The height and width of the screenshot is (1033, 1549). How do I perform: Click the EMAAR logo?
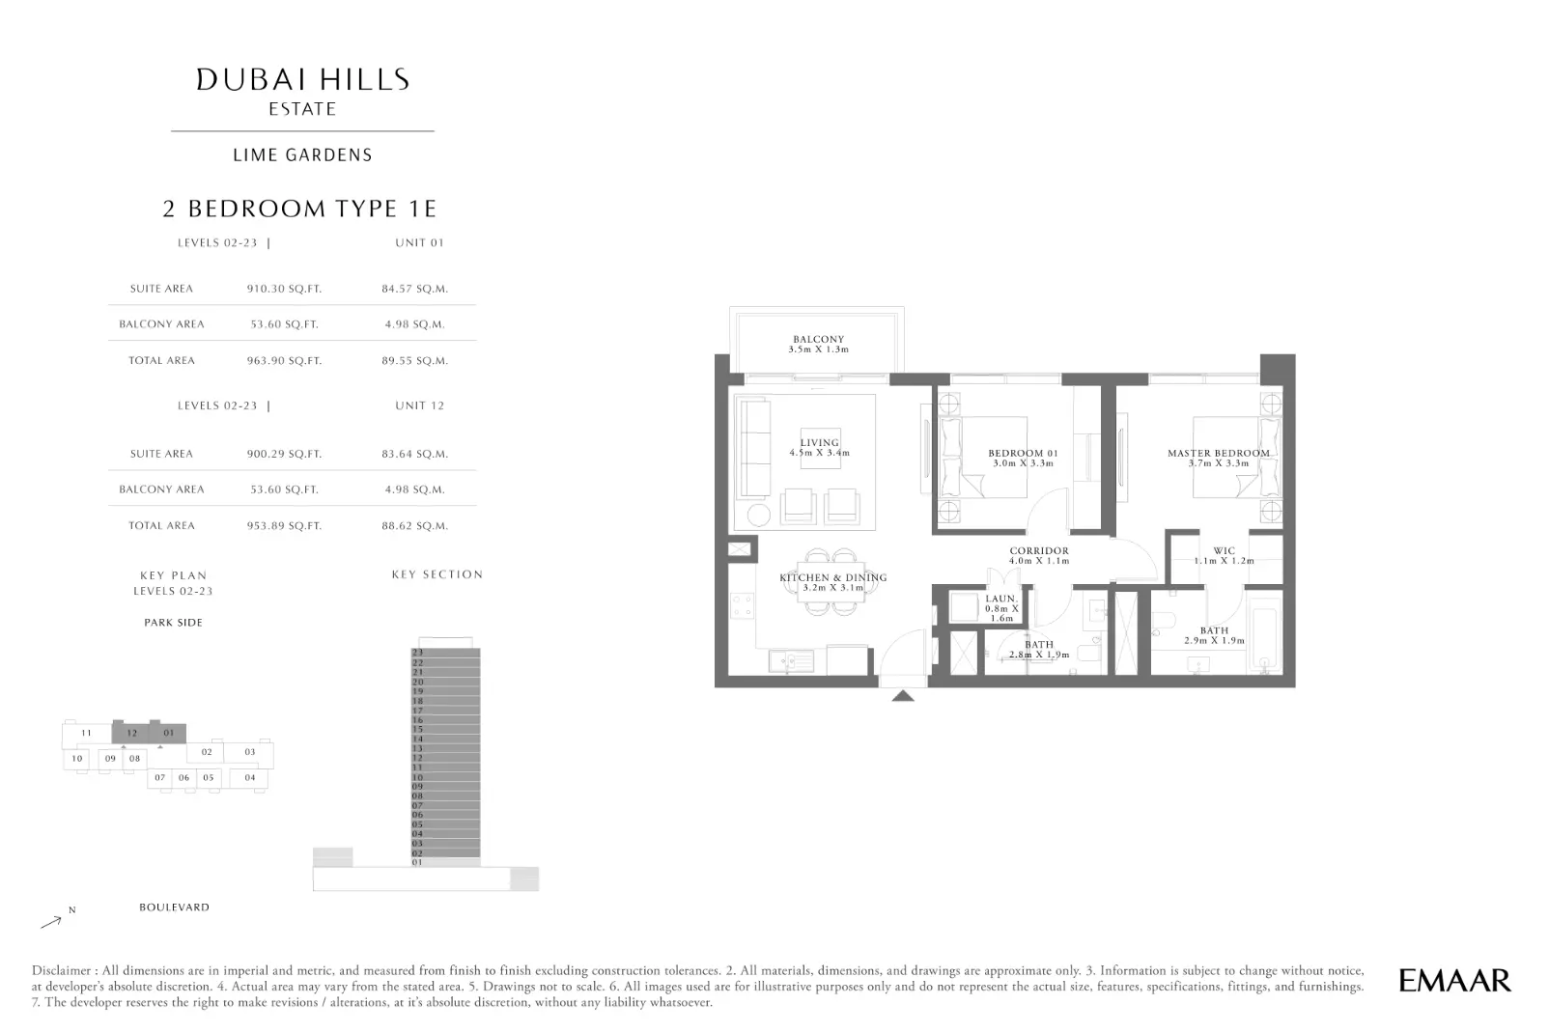pyautogui.click(x=1454, y=981)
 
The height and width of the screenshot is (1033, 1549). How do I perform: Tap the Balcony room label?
pyautogui.click(x=818, y=340)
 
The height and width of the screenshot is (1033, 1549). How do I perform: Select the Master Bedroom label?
pyautogui.click(x=1219, y=453)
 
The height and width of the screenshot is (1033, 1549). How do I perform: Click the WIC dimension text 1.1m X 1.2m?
pyautogui.click(x=1224, y=561)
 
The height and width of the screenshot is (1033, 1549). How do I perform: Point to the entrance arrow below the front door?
pyautogui.click(x=903, y=695)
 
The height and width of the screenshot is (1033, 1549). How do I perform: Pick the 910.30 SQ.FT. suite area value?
pyautogui.click(x=284, y=289)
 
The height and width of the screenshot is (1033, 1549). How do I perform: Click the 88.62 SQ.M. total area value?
pyautogui.click(x=415, y=526)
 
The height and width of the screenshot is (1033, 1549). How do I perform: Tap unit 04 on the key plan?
pyautogui.click(x=250, y=778)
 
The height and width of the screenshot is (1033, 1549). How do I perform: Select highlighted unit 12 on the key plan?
pyautogui.click(x=132, y=733)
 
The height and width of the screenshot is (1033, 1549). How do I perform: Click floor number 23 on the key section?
pyautogui.click(x=418, y=653)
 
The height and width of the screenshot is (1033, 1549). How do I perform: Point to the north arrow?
pyautogui.click(x=51, y=922)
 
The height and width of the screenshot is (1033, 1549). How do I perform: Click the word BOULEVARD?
pyautogui.click(x=174, y=907)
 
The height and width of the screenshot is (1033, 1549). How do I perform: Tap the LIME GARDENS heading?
pyautogui.click(x=303, y=154)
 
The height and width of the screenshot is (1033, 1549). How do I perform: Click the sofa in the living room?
pyautogui.click(x=755, y=448)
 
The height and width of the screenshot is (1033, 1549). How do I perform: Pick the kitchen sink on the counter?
pyautogui.click(x=791, y=661)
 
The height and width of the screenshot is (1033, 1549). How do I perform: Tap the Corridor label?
pyautogui.click(x=1039, y=551)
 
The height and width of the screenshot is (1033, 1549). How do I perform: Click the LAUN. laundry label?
pyautogui.click(x=1000, y=599)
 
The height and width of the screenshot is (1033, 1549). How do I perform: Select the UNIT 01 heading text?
pyautogui.click(x=420, y=242)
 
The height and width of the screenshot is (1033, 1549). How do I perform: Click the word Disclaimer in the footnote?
pyautogui.click(x=62, y=971)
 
